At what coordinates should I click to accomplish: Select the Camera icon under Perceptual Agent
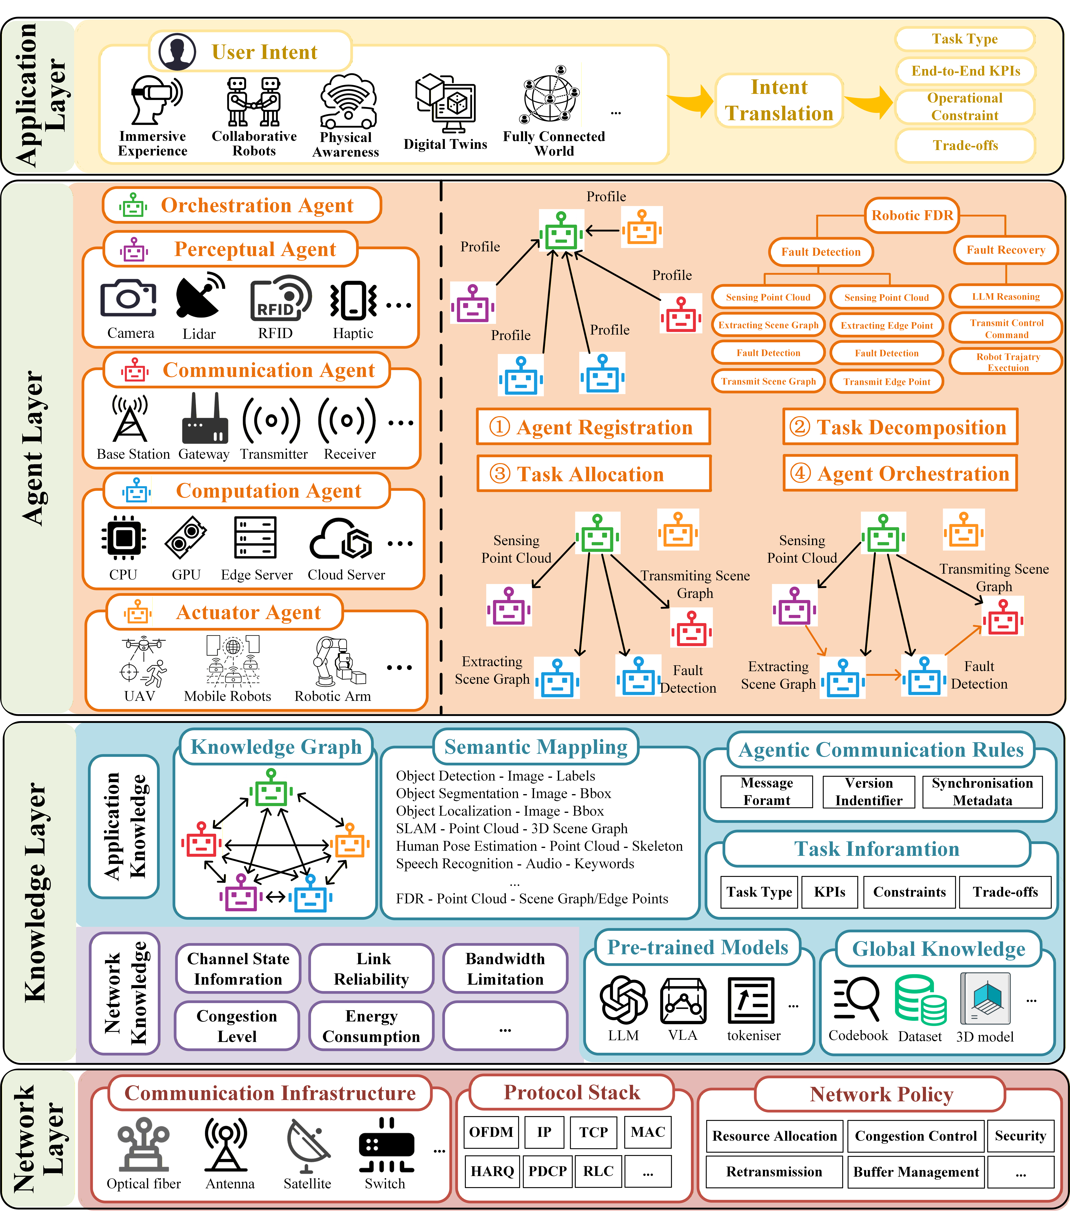coord(129,299)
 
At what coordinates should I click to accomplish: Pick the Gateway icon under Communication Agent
coord(204,420)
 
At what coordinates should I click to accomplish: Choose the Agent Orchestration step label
coord(900,473)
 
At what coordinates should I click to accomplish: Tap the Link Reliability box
coord(371,969)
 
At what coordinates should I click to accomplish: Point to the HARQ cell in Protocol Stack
coord(492,1171)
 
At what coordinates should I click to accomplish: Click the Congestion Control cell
coord(915,1136)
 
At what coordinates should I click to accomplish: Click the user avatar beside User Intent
coord(177,52)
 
